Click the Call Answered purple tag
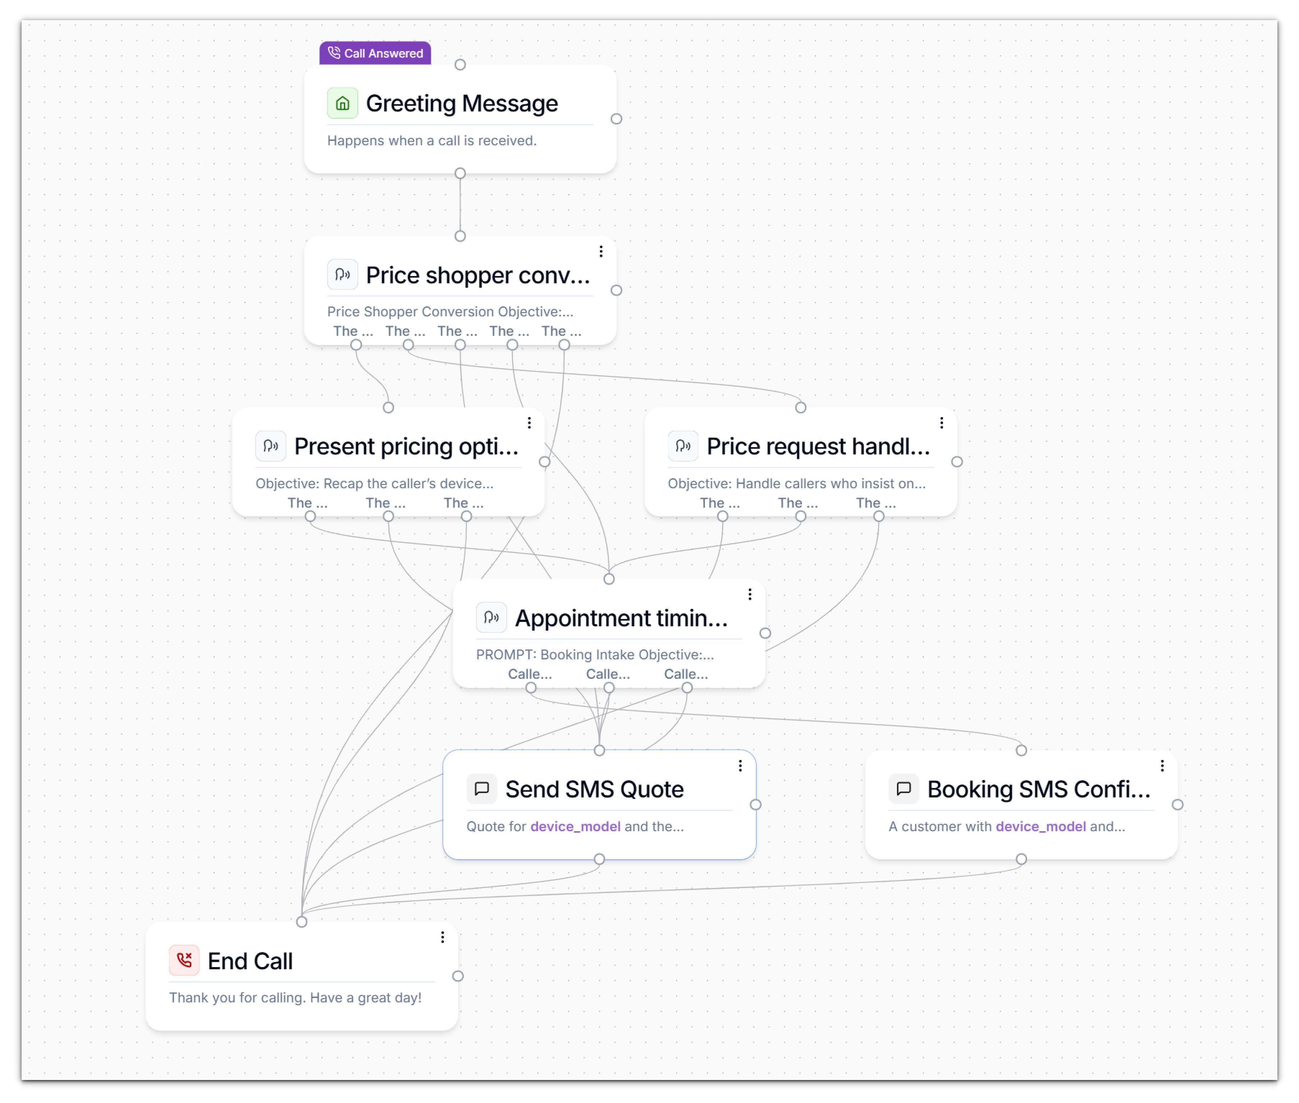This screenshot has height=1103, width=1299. pyautogui.click(x=375, y=53)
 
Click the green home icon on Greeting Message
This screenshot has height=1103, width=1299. pyautogui.click(x=342, y=103)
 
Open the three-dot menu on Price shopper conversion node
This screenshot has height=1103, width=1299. pyautogui.click(x=601, y=251)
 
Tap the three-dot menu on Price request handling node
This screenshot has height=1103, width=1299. pyautogui.click(x=941, y=423)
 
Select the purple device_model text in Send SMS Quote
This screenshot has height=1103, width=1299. pyautogui.click(x=575, y=827)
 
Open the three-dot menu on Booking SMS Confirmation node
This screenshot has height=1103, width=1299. pyautogui.click(x=1162, y=766)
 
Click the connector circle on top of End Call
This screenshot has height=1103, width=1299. pyautogui.click(x=301, y=922)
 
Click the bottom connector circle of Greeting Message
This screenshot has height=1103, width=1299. pyautogui.click(x=460, y=173)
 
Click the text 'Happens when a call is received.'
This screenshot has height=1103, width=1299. pyautogui.click(x=432, y=141)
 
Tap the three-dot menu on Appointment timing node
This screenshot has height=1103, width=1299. pyautogui.click(x=750, y=595)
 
